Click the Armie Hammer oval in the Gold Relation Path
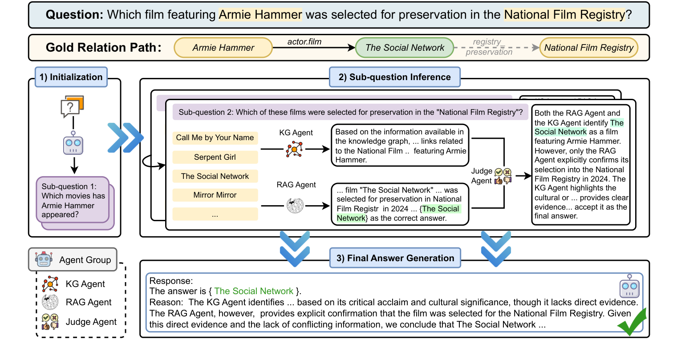[x=223, y=48]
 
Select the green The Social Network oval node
[x=404, y=48]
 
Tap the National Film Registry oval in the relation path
[x=588, y=48]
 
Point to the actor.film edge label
[x=304, y=42]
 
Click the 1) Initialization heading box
[x=71, y=77]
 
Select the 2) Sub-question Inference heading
[x=394, y=77]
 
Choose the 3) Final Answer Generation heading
[x=395, y=258]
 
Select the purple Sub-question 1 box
[x=73, y=200]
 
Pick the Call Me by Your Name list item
[x=215, y=138]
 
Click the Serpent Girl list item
[x=215, y=157]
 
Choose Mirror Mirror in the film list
[x=215, y=195]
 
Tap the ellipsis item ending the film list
[x=215, y=214]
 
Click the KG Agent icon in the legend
[x=50, y=284]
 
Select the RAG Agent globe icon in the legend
[x=50, y=302]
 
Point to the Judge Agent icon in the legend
[x=50, y=322]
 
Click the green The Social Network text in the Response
[x=254, y=291]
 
